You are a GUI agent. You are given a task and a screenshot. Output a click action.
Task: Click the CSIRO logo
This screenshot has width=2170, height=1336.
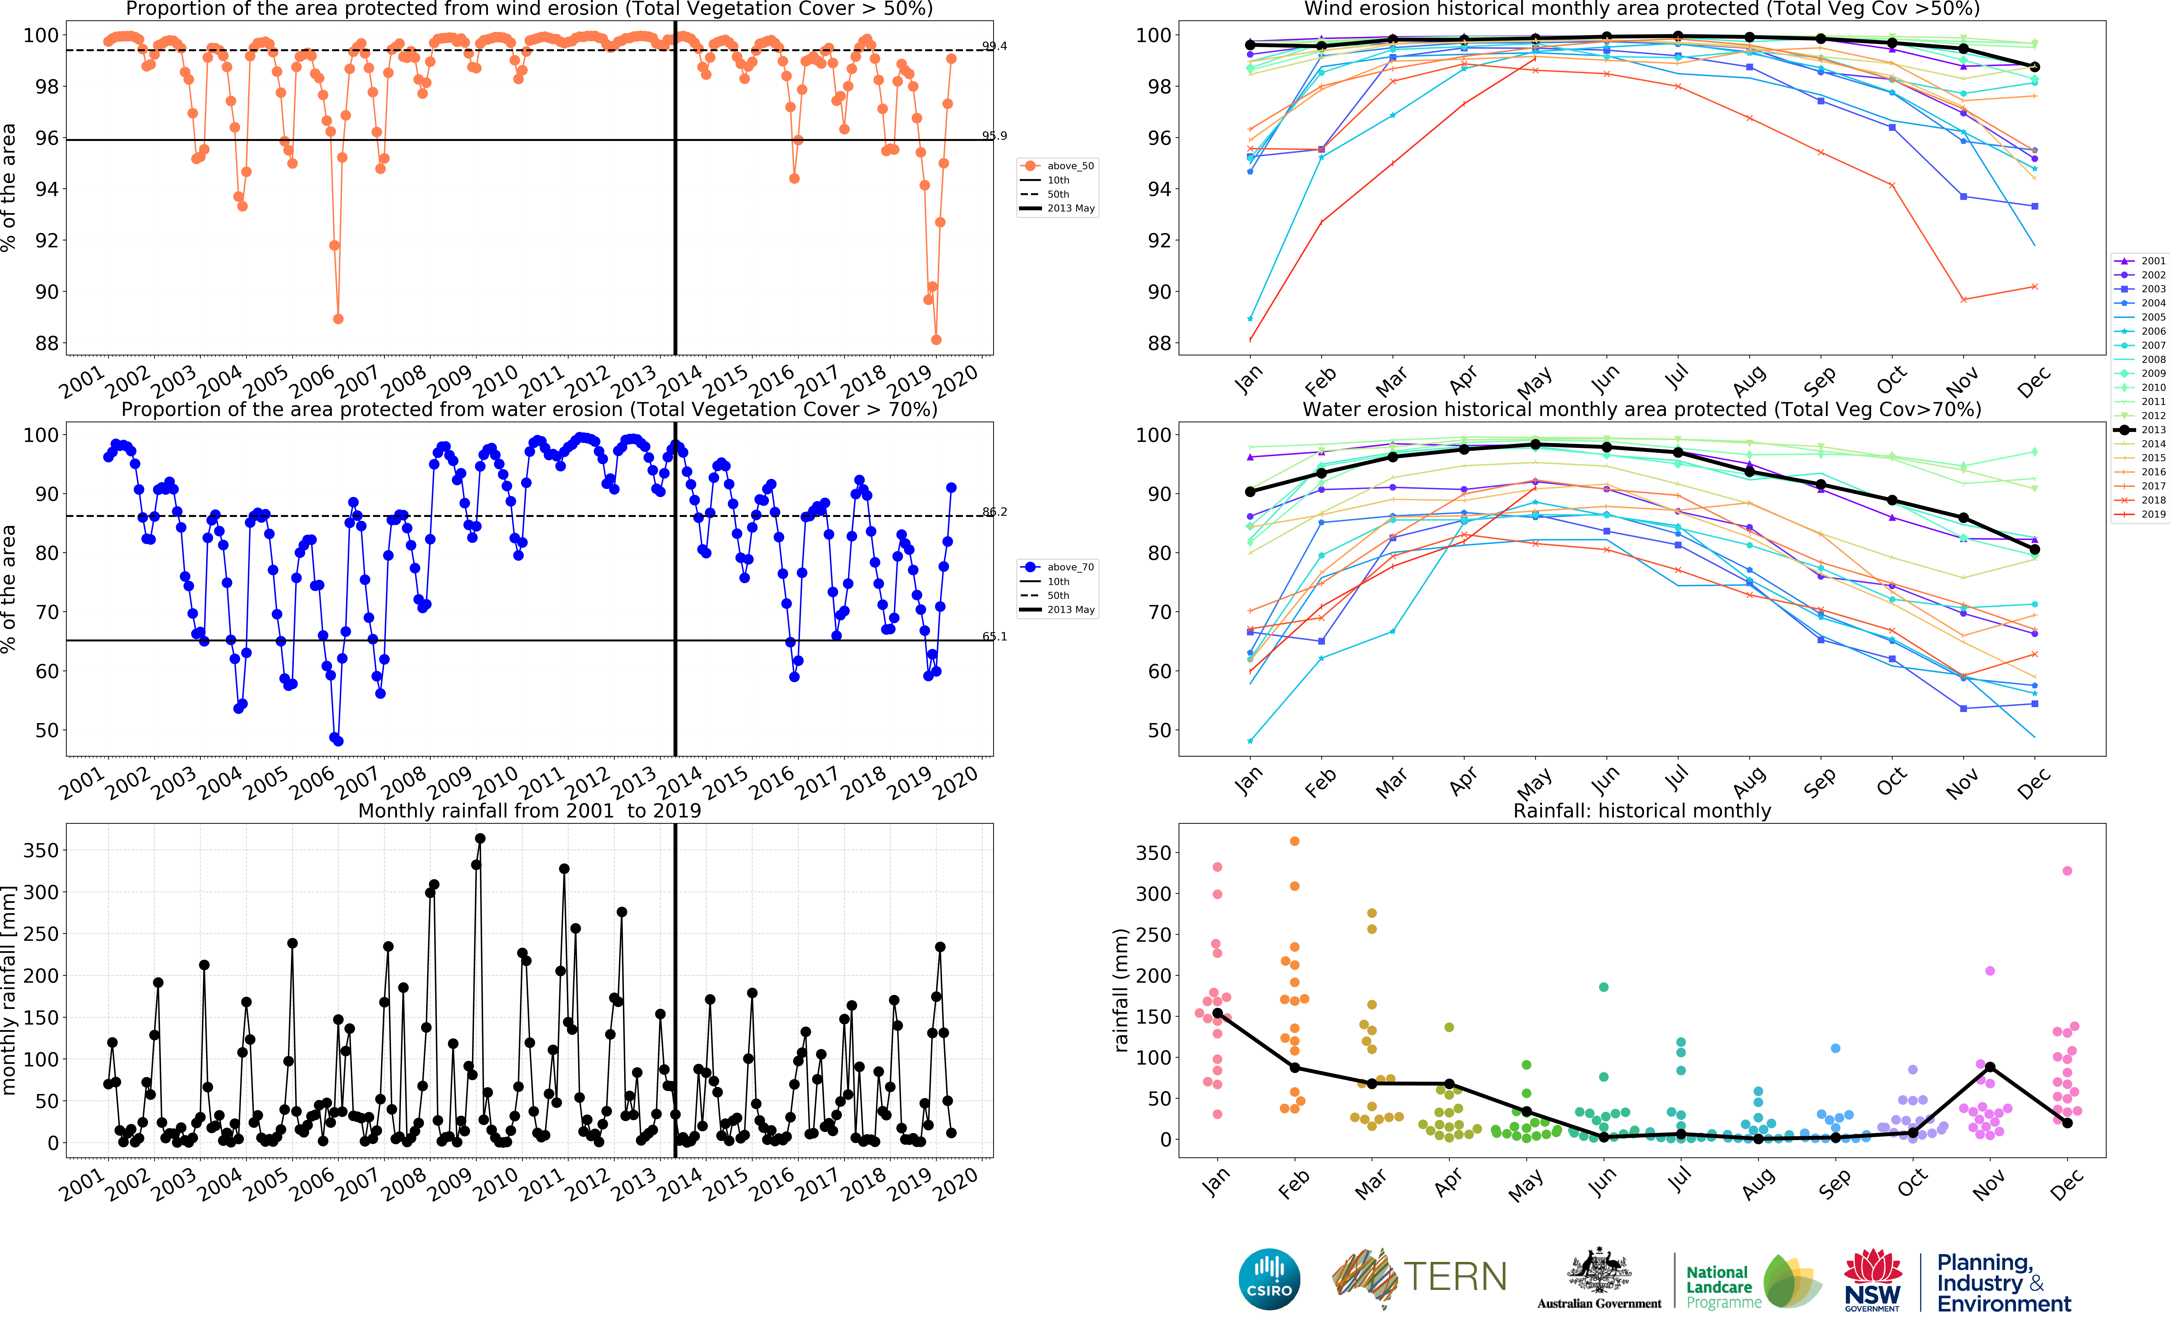[1269, 1279]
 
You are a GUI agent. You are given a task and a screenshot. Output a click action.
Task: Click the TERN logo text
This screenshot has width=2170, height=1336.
[1454, 1277]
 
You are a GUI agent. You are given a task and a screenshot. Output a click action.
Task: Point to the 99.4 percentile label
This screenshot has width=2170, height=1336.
[994, 46]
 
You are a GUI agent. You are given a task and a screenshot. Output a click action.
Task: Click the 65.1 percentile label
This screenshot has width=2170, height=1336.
[994, 636]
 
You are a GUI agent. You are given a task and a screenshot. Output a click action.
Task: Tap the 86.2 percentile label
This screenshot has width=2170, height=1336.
[994, 512]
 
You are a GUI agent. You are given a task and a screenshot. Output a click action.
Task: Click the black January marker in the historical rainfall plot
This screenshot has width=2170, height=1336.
[1217, 1013]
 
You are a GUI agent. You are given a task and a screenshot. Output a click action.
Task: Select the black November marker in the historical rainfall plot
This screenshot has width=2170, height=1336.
[1990, 1067]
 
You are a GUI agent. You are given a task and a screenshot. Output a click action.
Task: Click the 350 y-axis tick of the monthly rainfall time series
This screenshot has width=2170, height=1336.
[41, 850]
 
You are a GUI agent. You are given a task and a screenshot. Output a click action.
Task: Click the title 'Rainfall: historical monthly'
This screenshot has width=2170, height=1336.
[1641, 811]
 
